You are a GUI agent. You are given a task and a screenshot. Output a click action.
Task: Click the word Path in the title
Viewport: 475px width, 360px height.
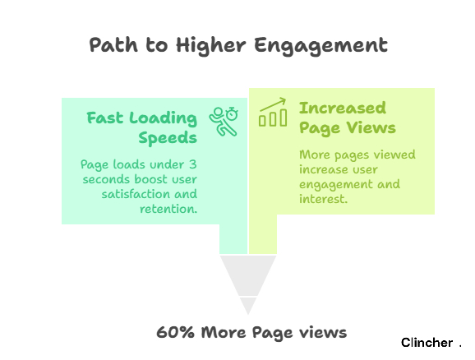point(113,45)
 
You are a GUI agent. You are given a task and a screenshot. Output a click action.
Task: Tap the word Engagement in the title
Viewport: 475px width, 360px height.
point(321,46)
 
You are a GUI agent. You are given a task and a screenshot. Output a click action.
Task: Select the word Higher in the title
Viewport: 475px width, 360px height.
point(211,46)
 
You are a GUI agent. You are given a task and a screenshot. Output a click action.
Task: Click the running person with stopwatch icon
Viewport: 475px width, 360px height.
point(224,121)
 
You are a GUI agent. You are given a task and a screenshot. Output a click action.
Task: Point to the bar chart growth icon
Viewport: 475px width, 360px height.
point(273,112)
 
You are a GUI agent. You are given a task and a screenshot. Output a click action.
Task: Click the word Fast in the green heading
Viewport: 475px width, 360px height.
point(105,118)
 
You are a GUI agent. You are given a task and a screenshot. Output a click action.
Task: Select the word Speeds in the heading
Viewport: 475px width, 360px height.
point(168,138)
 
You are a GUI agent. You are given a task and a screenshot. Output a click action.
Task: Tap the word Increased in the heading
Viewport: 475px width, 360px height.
point(343,108)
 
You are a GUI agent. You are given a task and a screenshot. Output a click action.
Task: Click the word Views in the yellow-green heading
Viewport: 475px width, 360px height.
point(371,127)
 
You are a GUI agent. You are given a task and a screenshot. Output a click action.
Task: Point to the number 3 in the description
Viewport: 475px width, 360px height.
point(193,164)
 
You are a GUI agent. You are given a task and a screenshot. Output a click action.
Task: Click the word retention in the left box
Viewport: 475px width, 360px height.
point(168,209)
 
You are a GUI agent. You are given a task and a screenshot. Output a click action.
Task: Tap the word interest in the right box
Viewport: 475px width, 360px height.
point(323,199)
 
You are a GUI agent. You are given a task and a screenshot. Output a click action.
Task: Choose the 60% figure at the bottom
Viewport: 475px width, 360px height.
point(175,332)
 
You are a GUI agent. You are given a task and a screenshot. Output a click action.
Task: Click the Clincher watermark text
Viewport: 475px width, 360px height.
point(427,343)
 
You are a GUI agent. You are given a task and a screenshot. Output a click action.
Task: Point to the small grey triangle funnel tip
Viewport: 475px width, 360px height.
point(248,305)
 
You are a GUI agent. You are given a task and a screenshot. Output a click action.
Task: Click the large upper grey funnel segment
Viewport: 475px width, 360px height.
point(248,273)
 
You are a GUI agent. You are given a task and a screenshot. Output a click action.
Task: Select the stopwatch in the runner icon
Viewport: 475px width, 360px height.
point(233,113)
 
